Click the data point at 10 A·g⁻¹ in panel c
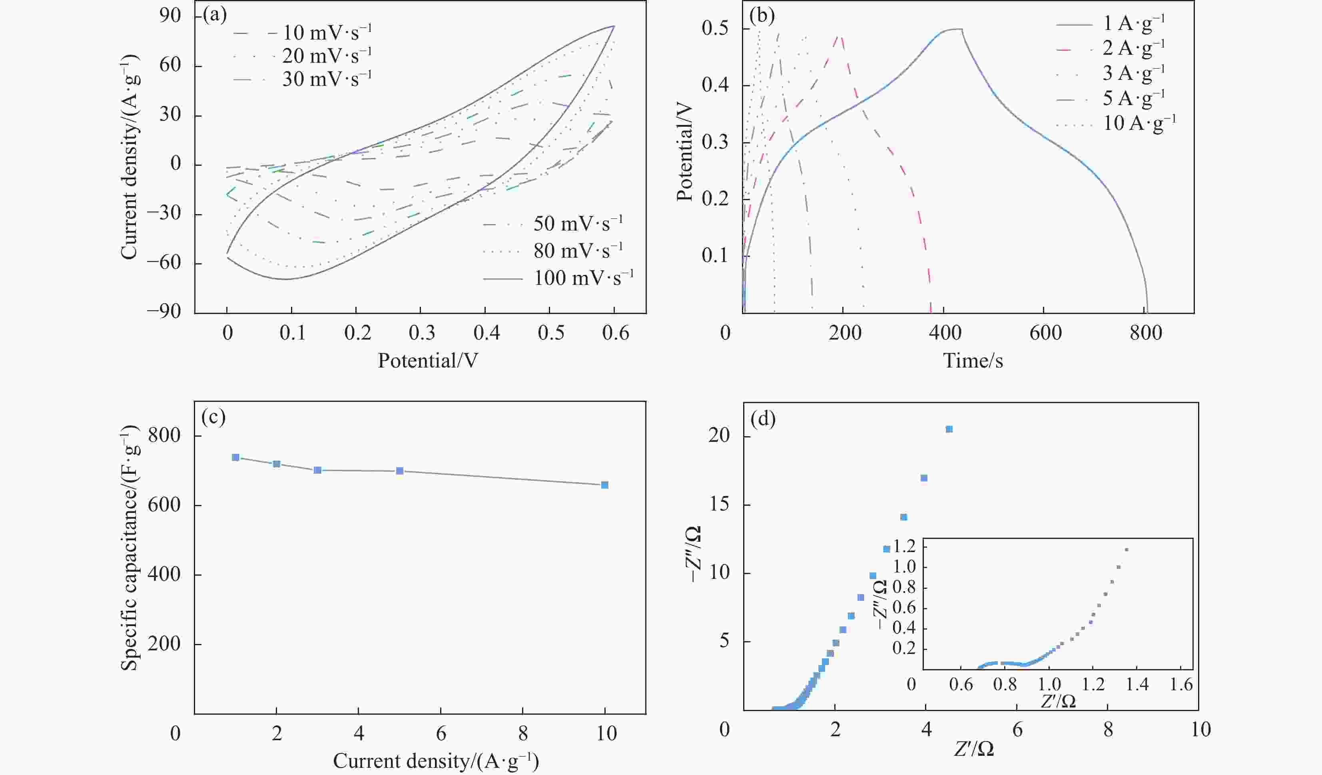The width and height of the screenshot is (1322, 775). coord(604,485)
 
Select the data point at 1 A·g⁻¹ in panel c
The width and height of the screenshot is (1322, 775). coord(235,457)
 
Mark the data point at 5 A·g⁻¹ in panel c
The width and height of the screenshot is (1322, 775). coord(399,471)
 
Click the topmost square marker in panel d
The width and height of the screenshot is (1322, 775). coord(949,429)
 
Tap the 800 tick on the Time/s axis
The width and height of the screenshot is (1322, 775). coord(1146,332)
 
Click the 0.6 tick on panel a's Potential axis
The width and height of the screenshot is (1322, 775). coord(615,332)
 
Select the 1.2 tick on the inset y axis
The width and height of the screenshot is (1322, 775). coord(904,547)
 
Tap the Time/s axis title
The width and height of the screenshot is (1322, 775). coord(973,361)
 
